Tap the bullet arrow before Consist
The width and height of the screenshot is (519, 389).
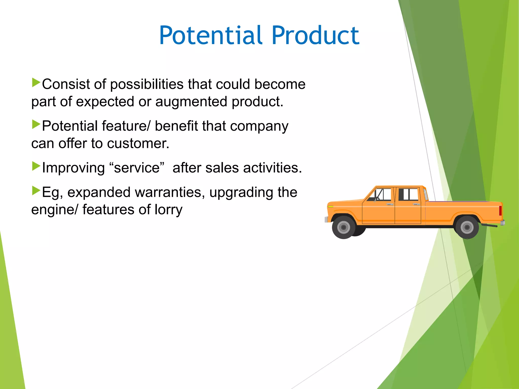(36, 83)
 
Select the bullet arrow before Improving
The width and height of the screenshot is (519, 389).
(36, 166)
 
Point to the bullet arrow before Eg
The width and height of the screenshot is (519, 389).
(36, 191)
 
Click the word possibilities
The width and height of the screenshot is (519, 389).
(147, 84)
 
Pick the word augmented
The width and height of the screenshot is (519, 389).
(191, 102)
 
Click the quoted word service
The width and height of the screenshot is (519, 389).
(137, 168)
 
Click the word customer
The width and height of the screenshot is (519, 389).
(138, 144)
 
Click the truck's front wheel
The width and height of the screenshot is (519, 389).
(344, 227)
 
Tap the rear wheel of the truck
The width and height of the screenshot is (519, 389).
(467, 227)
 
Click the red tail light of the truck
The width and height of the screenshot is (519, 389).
(501, 210)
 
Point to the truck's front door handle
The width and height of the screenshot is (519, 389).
(390, 204)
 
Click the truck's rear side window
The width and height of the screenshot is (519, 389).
(408, 194)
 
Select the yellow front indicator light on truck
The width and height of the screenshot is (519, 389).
(330, 207)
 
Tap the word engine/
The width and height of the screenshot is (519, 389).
(54, 210)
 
